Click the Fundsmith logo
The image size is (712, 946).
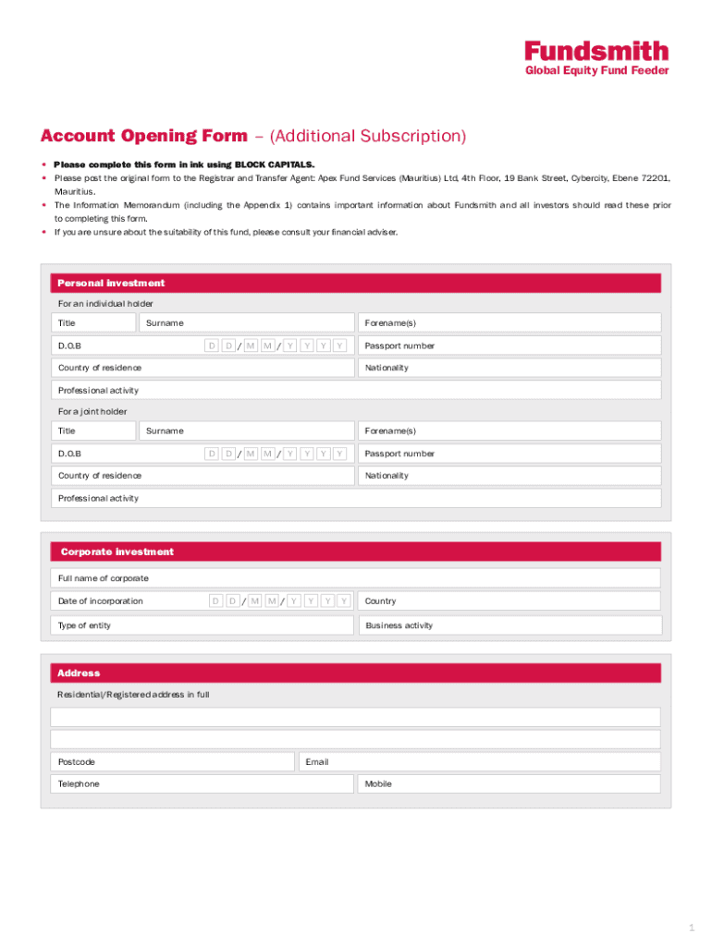tap(596, 51)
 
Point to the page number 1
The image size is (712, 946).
tap(690, 927)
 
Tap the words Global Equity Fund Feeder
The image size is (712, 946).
tap(596, 71)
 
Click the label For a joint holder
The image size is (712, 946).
tap(92, 411)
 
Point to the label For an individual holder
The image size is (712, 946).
tap(105, 303)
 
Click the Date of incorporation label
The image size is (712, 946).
tap(101, 600)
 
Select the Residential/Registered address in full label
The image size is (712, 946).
tap(133, 695)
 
